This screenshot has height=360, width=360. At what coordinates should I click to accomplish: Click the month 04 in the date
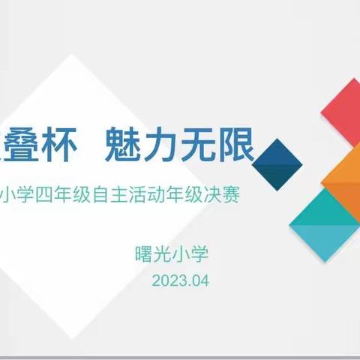point(198,281)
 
